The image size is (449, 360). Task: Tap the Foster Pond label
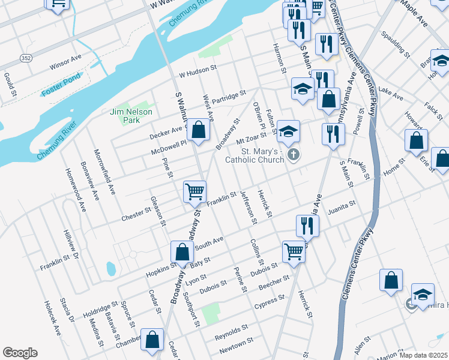60,92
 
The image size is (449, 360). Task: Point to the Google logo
20,353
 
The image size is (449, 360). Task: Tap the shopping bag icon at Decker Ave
198,129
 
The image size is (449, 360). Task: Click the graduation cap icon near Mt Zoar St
288,131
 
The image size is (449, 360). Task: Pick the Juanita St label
342,208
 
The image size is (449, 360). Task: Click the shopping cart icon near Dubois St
294,251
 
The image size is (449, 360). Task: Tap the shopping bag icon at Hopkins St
182,251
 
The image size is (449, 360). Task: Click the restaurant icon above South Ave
307,226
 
